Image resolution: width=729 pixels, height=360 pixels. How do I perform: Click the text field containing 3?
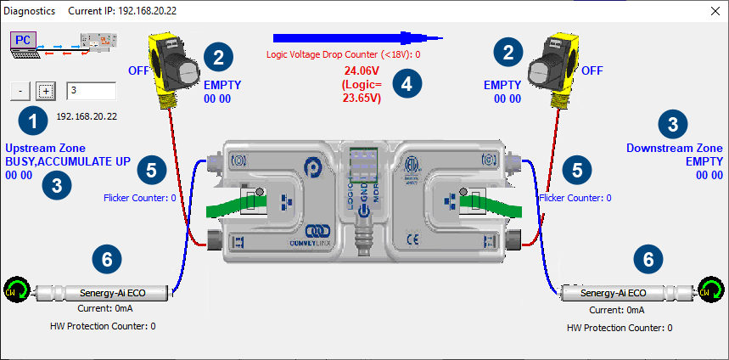tap(91, 91)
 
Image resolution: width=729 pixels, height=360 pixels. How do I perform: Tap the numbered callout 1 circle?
tap(33, 121)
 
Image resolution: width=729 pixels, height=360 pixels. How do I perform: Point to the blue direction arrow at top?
tap(357, 37)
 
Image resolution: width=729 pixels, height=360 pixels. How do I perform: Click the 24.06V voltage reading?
tap(361, 71)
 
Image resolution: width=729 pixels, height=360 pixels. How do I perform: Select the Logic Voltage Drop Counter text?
tap(344, 54)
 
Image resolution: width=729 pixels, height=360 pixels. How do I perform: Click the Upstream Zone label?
tap(45, 148)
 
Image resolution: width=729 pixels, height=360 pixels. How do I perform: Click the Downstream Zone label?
tap(674, 148)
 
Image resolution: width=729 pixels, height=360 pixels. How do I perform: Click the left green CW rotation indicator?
tap(14, 291)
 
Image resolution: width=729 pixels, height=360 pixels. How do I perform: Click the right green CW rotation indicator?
tap(710, 291)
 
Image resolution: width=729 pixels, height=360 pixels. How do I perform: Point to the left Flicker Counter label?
tap(139, 198)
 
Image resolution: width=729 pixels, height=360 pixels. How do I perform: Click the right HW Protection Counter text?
tap(619, 327)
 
